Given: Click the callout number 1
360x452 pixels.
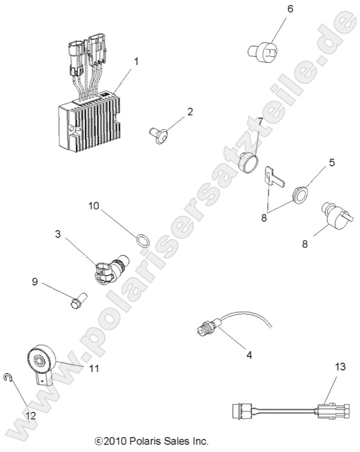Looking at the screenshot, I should coord(137,61).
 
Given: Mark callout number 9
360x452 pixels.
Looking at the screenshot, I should coord(35,281).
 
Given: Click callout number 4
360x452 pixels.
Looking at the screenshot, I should coord(248,354).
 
